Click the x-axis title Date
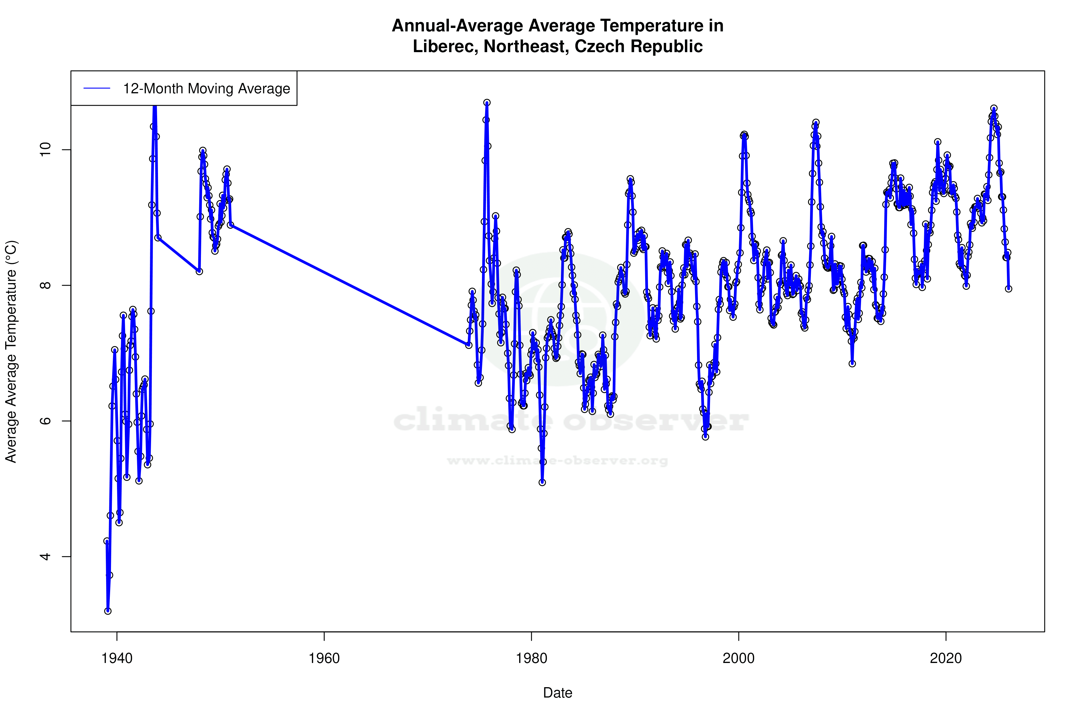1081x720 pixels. point(558,693)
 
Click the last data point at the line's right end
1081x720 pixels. point(1008,289)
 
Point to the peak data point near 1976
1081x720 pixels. point(487,103)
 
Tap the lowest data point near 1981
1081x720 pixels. point(542,482)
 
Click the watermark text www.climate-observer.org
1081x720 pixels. point(558,460)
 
